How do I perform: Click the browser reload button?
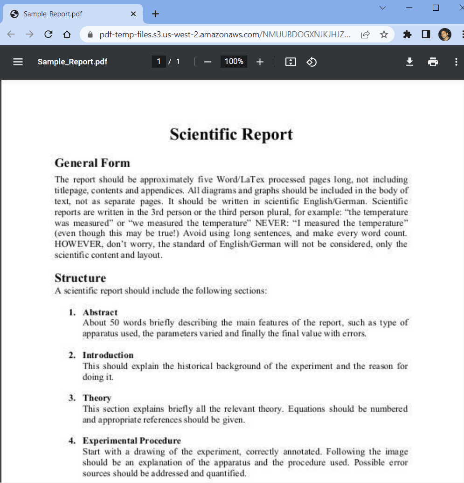[x=48, y=34]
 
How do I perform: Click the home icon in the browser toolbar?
[x=67, y=34]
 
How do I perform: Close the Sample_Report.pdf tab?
[x=133, y=14]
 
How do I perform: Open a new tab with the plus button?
[x=155, y=14]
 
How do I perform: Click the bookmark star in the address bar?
[x=384, y=35]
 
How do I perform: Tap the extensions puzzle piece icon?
[x=407, y=35]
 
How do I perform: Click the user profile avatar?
[x=444, y=35]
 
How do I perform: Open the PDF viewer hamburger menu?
[x=18, y=62]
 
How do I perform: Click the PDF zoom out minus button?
[x=208, y=62]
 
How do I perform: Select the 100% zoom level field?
[x=234, y=62]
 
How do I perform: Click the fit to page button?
[x=291, y=62]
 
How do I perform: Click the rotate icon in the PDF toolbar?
[x=312, y=62]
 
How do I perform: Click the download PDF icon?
[x=409, y=62]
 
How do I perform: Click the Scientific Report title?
[x=231, y=134]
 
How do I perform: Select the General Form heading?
[x=92, y=163]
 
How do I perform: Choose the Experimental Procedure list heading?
[x=132, y=441]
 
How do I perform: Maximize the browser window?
[x=436, y=8]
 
